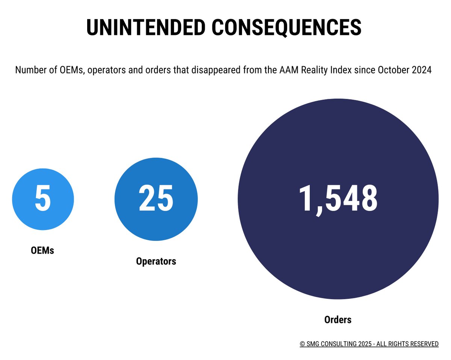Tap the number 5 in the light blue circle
point(43,199)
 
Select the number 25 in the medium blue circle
point(156,199)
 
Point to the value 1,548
point(338,199)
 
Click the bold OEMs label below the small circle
point(42,250)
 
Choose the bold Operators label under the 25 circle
point(156,261)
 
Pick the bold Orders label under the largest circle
point(338,320)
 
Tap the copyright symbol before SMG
point(302,344)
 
